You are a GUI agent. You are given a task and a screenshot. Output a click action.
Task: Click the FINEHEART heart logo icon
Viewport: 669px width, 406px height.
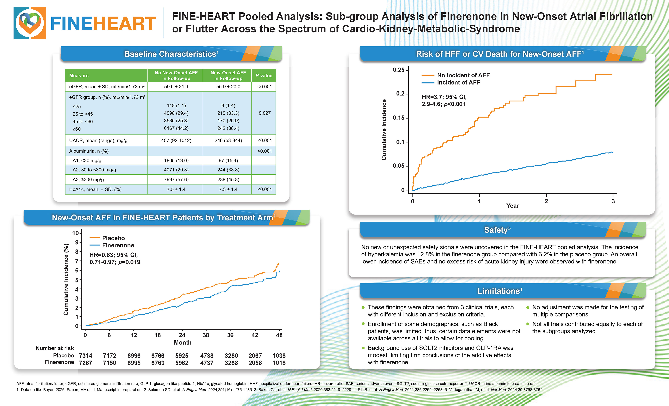click(30, 23)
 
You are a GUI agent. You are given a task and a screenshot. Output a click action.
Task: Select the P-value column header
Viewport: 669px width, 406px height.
click(264, 75)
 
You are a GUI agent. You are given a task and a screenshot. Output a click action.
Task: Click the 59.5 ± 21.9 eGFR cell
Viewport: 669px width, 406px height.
click(176, 87)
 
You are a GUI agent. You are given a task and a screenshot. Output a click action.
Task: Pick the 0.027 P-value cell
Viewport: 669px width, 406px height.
click(264, 113)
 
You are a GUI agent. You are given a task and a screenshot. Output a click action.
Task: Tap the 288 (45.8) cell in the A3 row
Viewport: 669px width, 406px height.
click(228, 179)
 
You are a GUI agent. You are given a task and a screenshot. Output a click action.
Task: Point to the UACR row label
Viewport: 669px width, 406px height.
click(98, 140)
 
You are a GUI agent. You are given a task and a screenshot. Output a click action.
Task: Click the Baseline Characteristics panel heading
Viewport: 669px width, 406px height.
click(171, 54)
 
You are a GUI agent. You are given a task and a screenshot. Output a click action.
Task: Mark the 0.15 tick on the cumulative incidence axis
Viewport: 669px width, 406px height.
click(399, 118)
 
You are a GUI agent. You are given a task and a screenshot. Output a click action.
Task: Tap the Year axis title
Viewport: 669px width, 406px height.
click(512, 206)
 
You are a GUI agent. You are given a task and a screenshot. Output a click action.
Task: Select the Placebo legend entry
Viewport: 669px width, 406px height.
click(113, 238)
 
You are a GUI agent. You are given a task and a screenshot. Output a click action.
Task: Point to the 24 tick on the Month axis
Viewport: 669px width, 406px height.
click(182, 335)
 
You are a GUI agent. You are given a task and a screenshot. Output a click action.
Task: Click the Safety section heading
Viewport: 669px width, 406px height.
click(497, 230)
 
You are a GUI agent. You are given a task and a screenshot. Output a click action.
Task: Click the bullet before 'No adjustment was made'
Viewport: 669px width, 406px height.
click(528, 308)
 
